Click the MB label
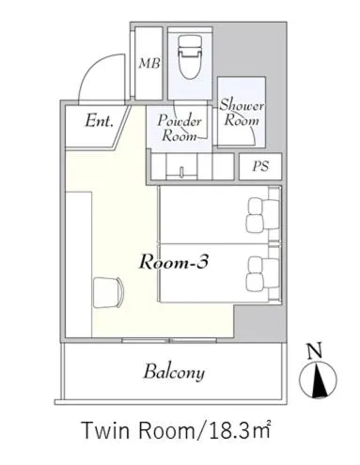[x=149, y=64]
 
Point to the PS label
[x=258, y=167]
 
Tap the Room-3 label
[x=173, y=263]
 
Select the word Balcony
[x=173, y=372]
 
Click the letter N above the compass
[x=317, y=352]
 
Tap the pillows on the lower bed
[x=258, y=272]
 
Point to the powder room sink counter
[x=180, y=167]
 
